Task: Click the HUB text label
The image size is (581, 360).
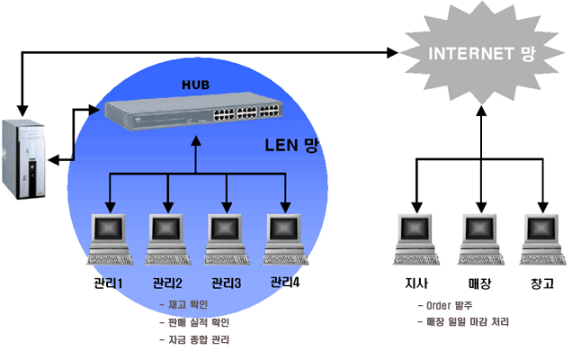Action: coord(194,85)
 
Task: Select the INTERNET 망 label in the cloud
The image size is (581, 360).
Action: coord(481,53)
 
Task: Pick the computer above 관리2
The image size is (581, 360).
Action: coord(166,238)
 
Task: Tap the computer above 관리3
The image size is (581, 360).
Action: coord(225,238)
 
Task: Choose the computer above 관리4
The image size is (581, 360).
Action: coord(284,238)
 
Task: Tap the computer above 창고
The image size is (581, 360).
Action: coord(543,238)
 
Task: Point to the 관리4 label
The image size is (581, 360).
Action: coord(286,283)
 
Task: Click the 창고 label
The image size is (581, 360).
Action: coord(543,285)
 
